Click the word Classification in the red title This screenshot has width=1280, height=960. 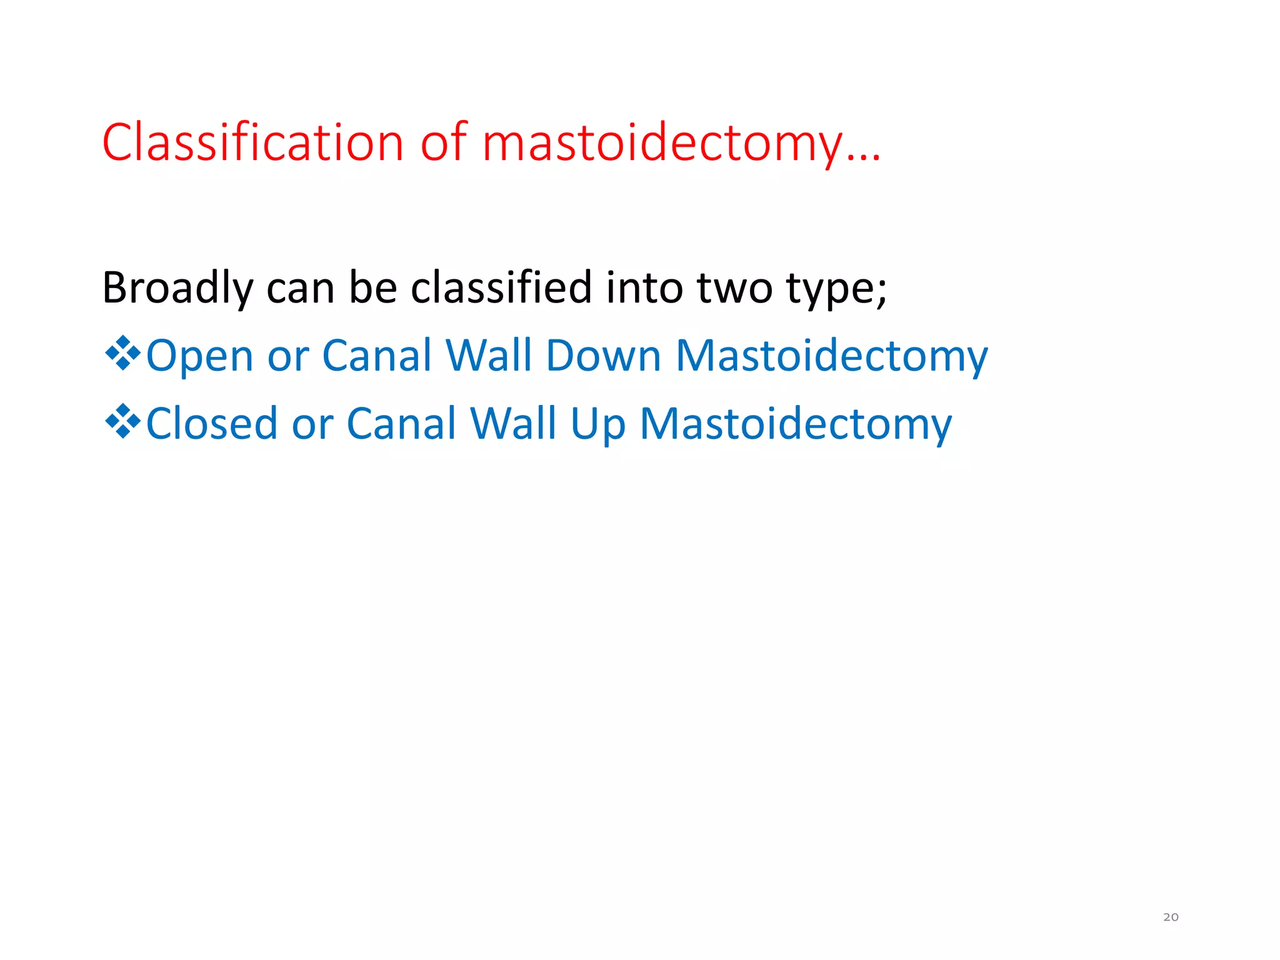click(x=252, y=142)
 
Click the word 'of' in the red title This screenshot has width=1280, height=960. click(x=443, y=142)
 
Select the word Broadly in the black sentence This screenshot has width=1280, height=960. click(x=177, y=289)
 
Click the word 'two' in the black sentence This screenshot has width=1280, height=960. click(x=734, y=289)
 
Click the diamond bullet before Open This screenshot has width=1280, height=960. click(x=122, y=353)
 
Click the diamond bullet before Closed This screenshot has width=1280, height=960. click(x=122, y=421)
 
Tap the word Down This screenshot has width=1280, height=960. click(x=603, y=356)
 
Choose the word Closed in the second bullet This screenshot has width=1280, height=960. click(x=211, y=424)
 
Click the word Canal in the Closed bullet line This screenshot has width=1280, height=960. click(x=402, y=424)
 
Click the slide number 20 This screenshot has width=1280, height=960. click(x=1171, y=917)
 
